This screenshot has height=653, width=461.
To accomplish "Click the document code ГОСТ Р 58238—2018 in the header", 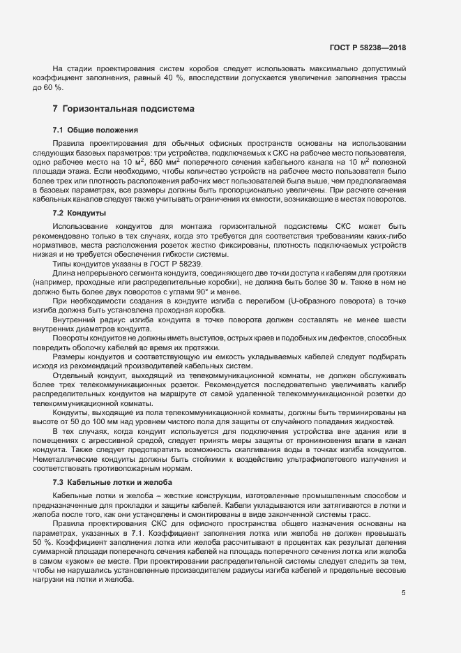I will pos(367,47).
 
